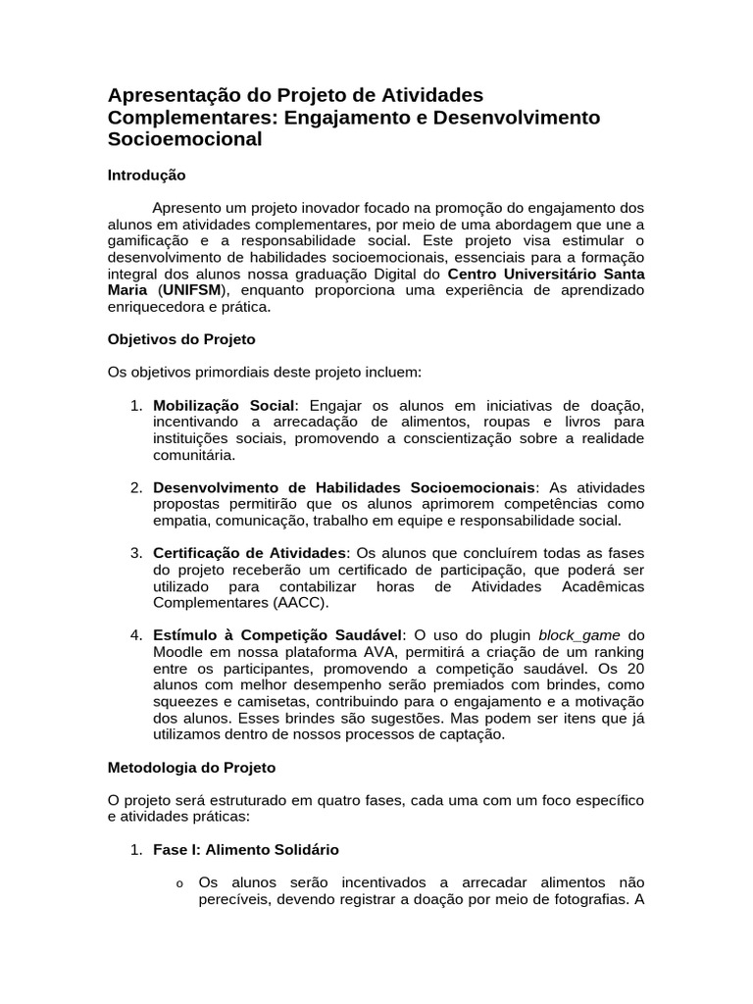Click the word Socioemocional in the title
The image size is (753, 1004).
click(x=184, y=139)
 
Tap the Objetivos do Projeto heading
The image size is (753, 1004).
click(x=181, y=339)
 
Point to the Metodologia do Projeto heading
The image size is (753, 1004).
click(x=191, y=767)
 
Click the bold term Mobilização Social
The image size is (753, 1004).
click(x=224, y=406)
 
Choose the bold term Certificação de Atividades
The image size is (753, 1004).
click(x=250, y=553)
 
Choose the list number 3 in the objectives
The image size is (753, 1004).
click(x=136, y=553)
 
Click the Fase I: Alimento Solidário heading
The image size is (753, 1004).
click(x=246, y=849)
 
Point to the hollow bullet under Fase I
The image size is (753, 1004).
click(x=179, y=883)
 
